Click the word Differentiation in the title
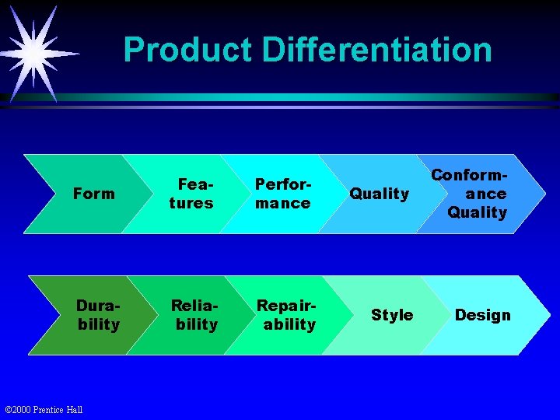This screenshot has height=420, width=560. coord(377,50)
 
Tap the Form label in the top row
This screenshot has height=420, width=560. coord(93,194)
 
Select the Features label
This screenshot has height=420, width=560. coord(191,194)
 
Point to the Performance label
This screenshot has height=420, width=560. coord(283,194)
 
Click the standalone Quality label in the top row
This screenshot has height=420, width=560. coord(379,194)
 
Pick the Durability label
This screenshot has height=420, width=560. coord(98,315)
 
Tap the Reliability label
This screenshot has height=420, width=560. coord(196,315)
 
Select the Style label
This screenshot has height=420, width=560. coord(392,315)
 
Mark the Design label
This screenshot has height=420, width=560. coord(482,315)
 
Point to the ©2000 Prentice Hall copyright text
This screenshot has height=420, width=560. coord(44,410)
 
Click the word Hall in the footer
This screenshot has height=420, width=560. coord(75,410)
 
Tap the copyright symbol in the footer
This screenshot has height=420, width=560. coord(8,410)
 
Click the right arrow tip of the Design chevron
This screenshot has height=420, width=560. coord(548,315)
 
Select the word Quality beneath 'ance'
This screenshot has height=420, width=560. coord(477,212)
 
